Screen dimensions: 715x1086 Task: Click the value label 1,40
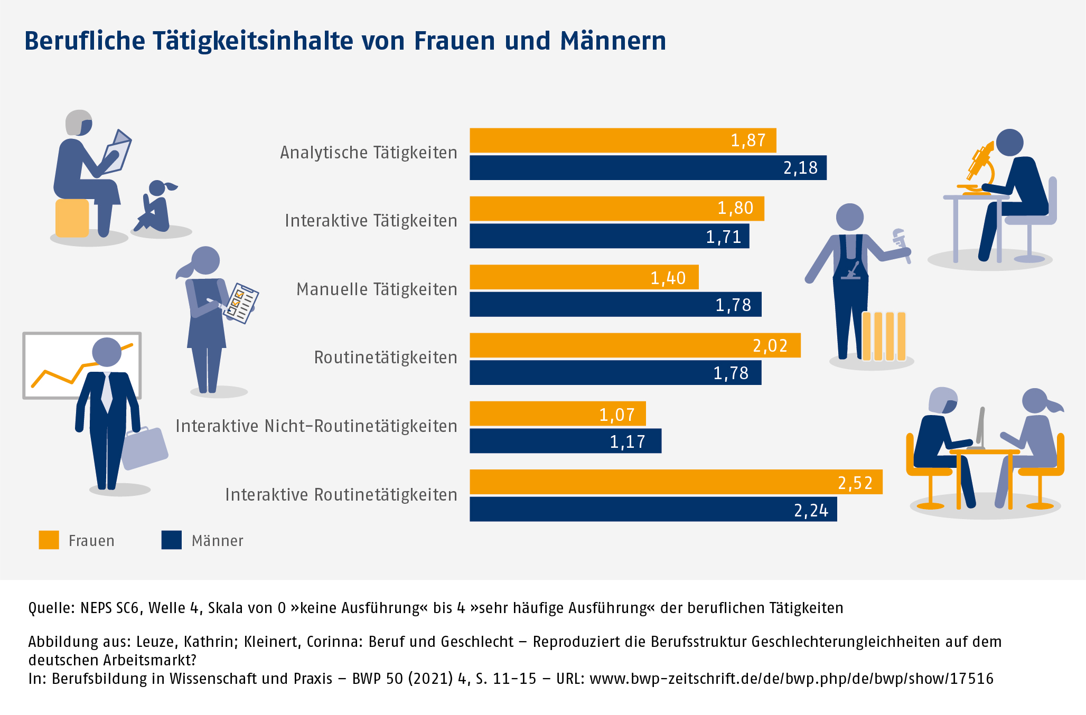coord(668,278)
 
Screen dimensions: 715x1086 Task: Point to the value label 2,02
coord(770,346)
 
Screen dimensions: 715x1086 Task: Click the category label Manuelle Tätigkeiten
coord(377,289)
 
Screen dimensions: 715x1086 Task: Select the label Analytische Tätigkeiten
coord(368,153)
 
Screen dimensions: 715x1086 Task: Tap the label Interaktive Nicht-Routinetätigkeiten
coord(316,426)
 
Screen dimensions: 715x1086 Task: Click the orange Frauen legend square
coord(49,540)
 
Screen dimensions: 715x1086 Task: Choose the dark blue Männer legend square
coord(172,540)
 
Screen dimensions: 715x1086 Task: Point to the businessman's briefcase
coord(144,448)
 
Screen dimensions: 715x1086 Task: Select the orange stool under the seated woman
coord(72,218)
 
